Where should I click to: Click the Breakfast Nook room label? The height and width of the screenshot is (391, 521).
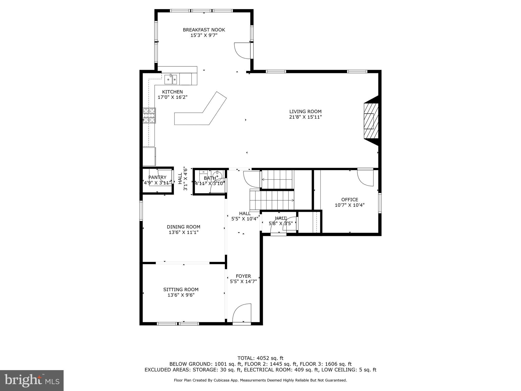[204, 30]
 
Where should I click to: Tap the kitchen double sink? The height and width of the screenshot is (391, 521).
[171, 79]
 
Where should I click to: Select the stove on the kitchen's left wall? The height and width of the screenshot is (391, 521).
[149, 115]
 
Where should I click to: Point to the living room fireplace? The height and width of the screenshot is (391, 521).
[371, 121]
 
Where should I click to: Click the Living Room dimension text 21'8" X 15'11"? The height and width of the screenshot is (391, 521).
[305, 117]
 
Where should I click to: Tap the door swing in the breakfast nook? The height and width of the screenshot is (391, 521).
[242, 51]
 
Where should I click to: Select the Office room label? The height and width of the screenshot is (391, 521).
[350, 200]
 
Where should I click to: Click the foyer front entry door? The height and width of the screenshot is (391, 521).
[242, 314]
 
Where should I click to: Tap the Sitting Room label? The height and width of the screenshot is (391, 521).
[181, 289]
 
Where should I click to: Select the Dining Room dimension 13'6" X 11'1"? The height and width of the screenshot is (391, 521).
[183, 232]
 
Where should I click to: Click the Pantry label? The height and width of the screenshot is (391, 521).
[157, 177]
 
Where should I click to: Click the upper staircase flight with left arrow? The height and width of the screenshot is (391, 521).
[277, 179]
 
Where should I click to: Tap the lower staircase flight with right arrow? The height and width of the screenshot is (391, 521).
[272, 200]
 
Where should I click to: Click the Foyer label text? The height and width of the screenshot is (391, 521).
[243, 276]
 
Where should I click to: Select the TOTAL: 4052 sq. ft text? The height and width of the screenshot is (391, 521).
[260, 358]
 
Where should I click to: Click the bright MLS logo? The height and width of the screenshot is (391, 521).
[32, 380]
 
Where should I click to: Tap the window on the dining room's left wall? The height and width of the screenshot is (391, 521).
[141, 211]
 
